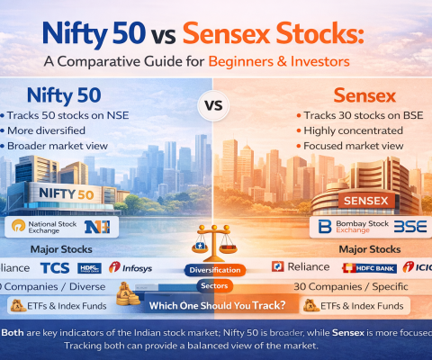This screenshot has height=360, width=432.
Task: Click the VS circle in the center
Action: [x=213, y=104]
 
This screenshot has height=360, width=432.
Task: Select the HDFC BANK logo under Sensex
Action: [x=368, y=267]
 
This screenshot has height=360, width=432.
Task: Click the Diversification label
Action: [x=214, y=269]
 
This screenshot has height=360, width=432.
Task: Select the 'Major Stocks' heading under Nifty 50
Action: [x=60, y=249]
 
